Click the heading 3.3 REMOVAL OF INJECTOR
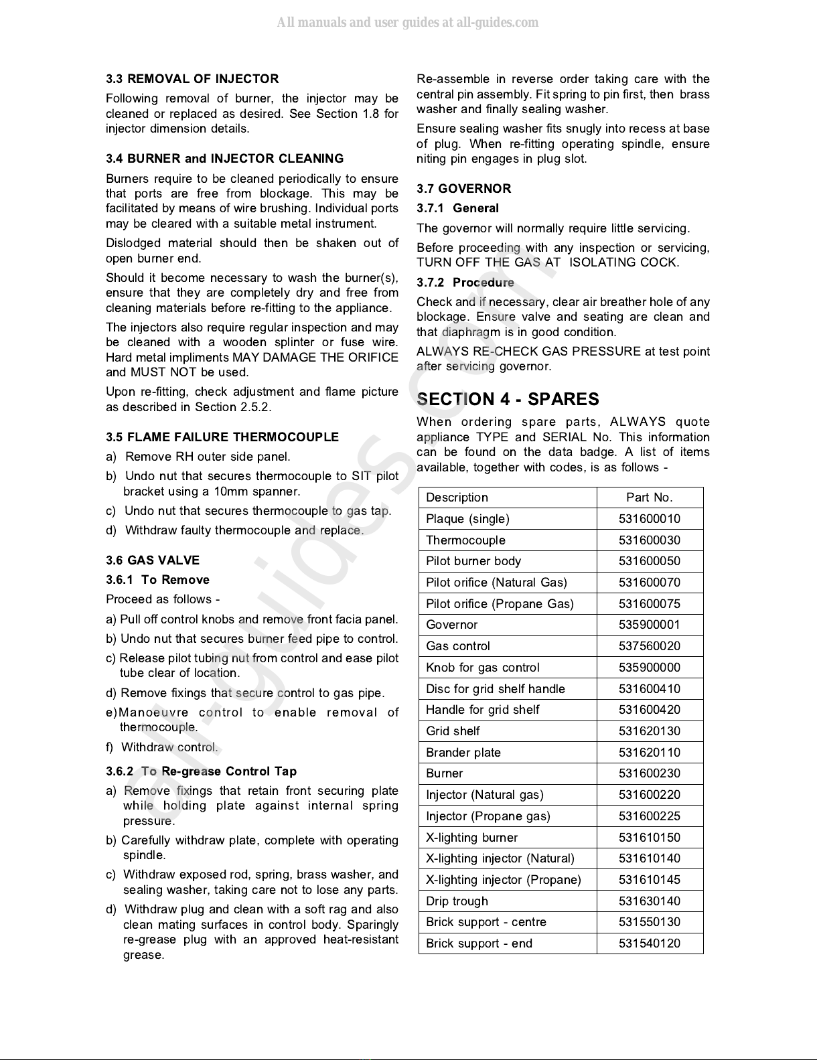tap(192, 79)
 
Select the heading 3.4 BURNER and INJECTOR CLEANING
tap(224, 159)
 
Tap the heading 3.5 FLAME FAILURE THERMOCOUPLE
tap(222, 437)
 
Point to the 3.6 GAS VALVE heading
tap(153, 560)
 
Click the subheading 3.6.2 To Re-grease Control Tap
tap(201, 771)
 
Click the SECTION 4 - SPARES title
tap(508, 399)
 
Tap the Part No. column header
tap(649, 498)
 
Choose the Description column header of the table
tap(457, 498)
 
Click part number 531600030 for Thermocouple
tap(649, 540)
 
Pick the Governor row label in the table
tap(451, 625)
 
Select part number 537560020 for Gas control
tap(649, 646)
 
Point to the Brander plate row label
tap(463, 753)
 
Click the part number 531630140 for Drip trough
tap(649, 901)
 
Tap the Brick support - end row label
tap(479, 943)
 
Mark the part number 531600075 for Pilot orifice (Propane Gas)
tap(649, 604)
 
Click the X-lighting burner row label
tap(471, 838)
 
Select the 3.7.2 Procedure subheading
tap(465, 283)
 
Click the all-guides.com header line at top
tap(408, 23)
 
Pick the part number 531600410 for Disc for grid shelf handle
tap(649, 689)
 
